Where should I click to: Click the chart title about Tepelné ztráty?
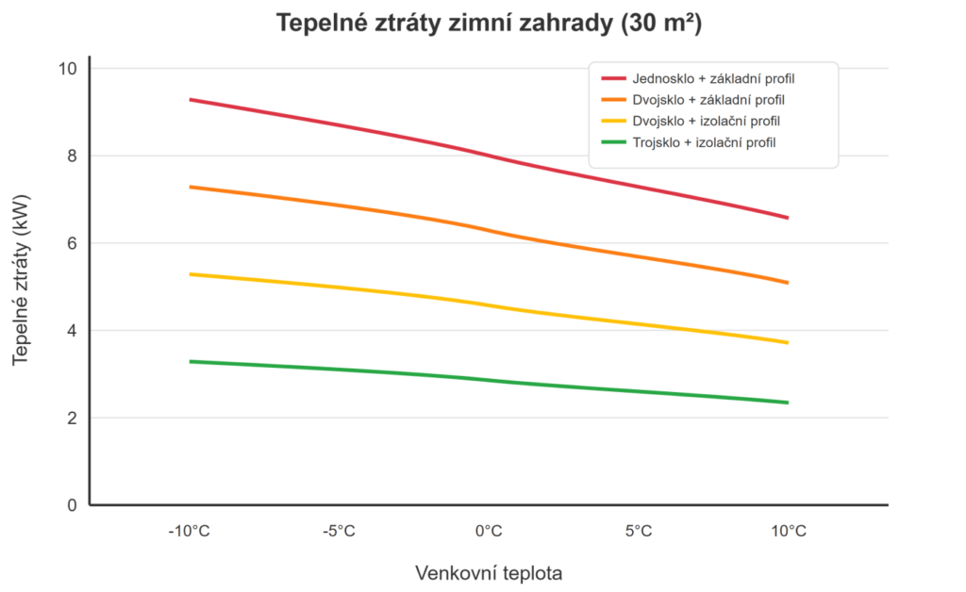(488, 25)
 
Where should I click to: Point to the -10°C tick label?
(189, 532)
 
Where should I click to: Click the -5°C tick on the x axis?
(339, 532)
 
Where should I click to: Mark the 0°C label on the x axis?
(489, 532)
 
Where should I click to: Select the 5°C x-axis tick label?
(639, 532)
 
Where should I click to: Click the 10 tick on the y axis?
(69, 69)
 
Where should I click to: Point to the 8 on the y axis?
(72, 156)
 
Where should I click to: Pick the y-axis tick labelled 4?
(72, 331)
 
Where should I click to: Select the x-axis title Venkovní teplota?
(488, 572)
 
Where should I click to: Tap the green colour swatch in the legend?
(613, 142)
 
